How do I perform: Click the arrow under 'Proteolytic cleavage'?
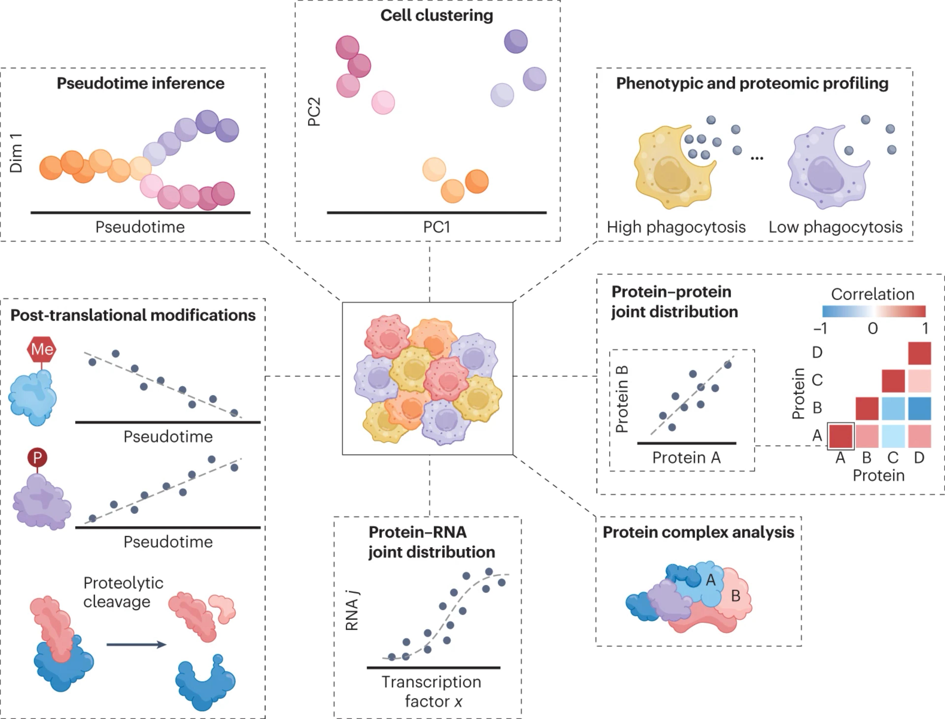136,644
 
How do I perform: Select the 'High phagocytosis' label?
676,227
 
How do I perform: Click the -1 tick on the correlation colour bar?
820,328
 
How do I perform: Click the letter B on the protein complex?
735,595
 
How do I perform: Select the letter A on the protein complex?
710,580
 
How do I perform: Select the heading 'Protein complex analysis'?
698,532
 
